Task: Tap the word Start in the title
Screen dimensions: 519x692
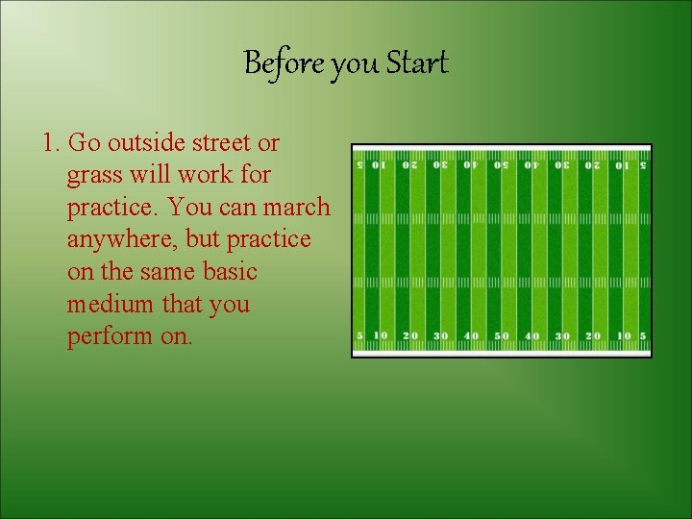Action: click(x=417, y=64)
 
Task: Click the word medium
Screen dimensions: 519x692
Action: click(x=109, y=304)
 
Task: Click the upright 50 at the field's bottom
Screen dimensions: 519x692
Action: click(x=501, y=336)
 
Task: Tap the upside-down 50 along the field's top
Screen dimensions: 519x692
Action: click(x=501, y=164)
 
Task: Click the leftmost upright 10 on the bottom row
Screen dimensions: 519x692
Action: click(x=380, y=336)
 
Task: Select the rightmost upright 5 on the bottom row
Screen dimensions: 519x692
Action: click(x=643, y=336)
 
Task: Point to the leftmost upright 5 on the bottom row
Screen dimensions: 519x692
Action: click(x=359, y=336)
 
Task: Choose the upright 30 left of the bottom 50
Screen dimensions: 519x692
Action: click(x=440, y=336)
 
